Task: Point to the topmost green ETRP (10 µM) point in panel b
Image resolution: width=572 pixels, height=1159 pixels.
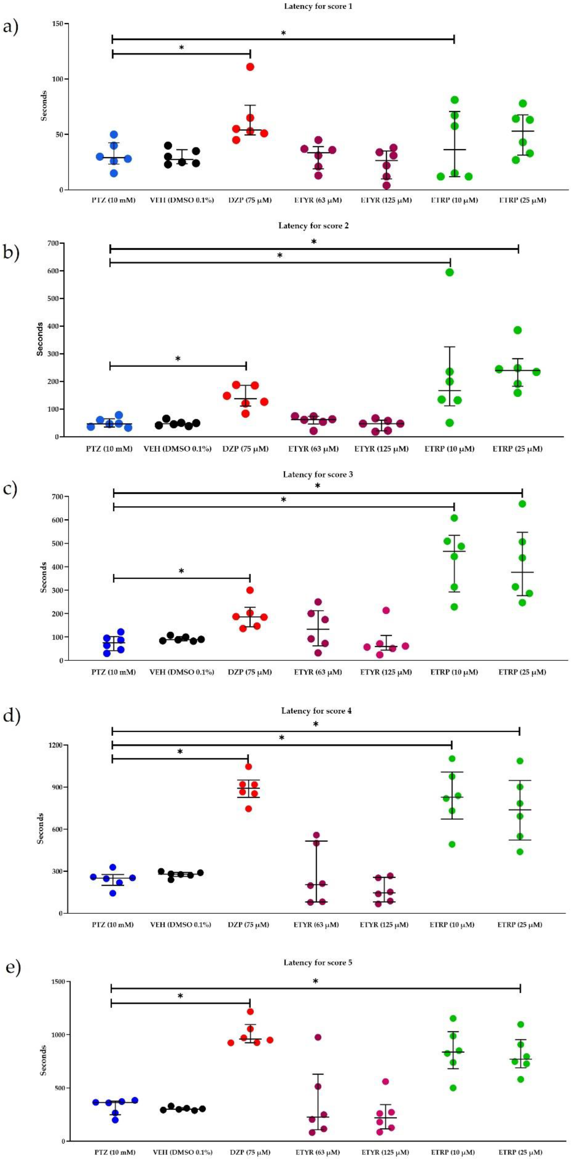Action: point(449,272)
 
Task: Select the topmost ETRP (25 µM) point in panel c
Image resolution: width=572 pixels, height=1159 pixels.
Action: point(522,504)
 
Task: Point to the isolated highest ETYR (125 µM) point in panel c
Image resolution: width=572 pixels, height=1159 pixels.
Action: point(386,611)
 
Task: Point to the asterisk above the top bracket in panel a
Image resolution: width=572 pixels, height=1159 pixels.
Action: point(283,33)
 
